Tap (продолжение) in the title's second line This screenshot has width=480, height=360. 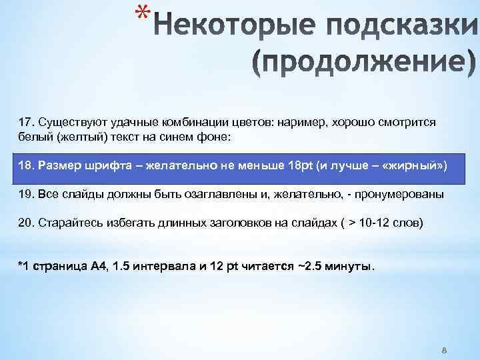tap(365, 63)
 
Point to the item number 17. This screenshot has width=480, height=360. tap(25, 123)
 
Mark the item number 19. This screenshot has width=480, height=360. tap(25, 194)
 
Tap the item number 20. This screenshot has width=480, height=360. tap(25, 223)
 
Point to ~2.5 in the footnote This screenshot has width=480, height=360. tap(307, 267)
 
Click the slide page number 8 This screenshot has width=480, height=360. tap(444, 350)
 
